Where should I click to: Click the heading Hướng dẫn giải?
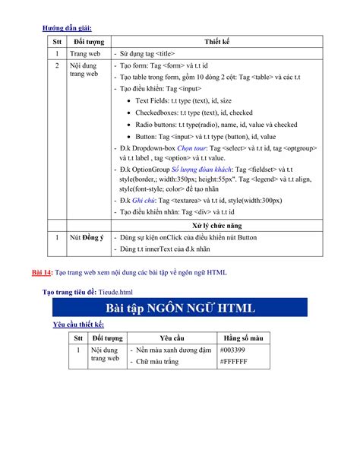coord(71,28)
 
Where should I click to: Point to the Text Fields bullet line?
coord(184,100)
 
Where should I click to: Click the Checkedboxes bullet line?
coord(194,112)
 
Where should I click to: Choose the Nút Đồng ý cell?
coord(87,239)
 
